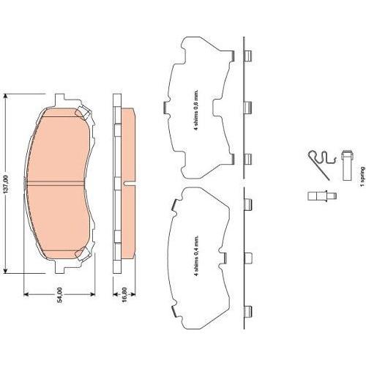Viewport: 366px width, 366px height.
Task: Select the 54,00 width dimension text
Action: coord(59,295)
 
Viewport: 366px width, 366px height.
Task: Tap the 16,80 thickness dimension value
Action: coord(124,295)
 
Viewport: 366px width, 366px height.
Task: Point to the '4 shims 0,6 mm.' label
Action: coord(196,111)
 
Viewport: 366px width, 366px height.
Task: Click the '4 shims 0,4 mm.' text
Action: coord(196,256)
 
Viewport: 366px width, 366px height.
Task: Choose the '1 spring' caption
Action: coord(362,176)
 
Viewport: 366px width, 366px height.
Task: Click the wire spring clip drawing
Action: coord(321,164)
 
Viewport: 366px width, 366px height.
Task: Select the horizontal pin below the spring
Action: coord(322,196)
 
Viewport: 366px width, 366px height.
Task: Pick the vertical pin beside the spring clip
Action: coord(348,165)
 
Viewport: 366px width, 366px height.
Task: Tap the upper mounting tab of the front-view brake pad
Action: coord(59,99)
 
